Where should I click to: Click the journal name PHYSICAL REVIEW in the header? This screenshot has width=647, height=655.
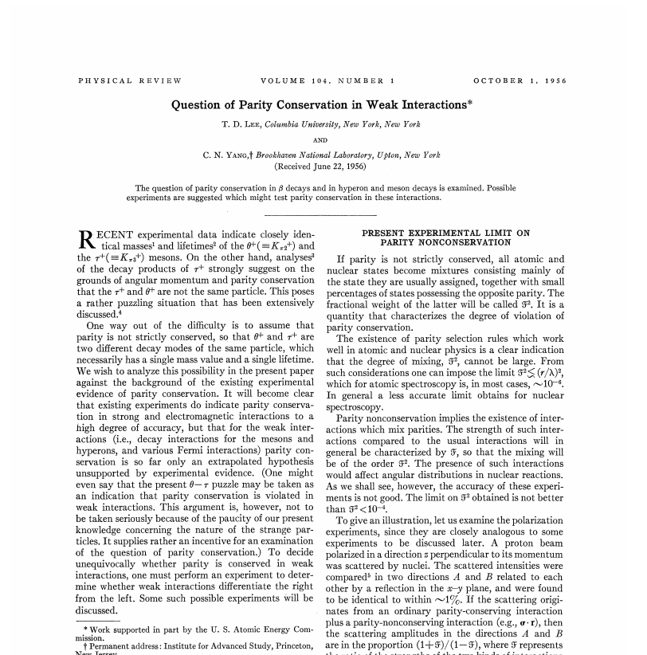coord(130,80)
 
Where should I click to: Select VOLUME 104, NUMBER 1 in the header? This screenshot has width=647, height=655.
coord(328,80)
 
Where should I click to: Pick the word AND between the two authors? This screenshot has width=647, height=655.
coord(323,139)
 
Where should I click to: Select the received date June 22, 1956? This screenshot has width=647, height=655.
coord(334,167)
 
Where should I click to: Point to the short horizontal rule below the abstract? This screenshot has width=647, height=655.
coord(323,215)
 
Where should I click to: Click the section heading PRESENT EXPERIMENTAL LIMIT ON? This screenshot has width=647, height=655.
coord(445,233)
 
